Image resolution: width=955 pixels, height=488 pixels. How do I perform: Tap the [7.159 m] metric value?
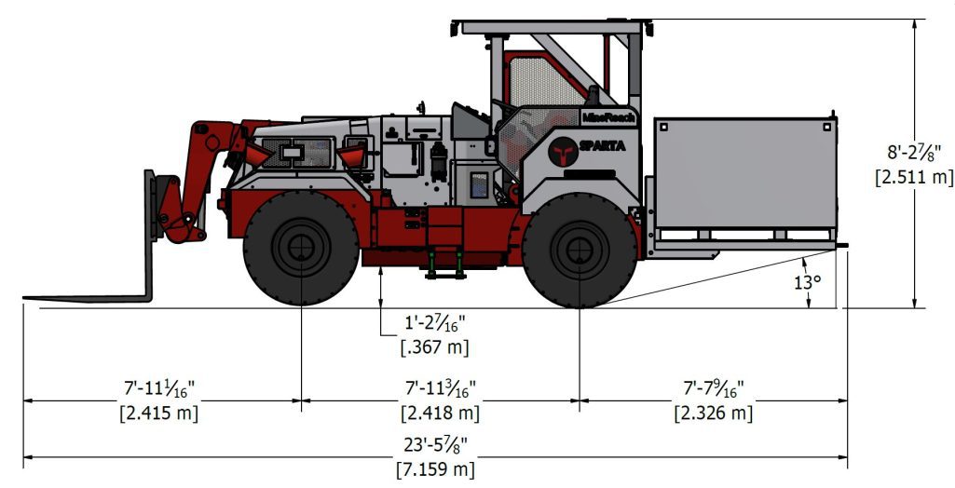[x=436, y=468]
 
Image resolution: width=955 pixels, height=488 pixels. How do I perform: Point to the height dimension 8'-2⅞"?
[x=913, y=152]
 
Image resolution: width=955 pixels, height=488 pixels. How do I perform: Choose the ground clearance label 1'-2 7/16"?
[x=434, y=325]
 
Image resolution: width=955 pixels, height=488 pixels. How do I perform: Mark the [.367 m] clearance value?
[x=434, y=346]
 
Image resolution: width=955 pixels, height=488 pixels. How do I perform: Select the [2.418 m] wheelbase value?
[x=440, y=412]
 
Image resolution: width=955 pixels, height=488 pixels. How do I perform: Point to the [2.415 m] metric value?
[x=159, y=412]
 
